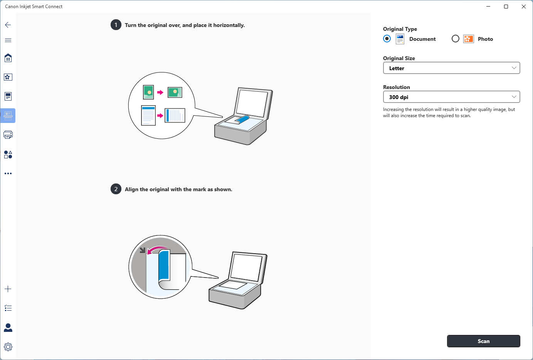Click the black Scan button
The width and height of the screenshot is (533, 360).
[x=483, y=341]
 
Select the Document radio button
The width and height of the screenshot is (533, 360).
[x=387, y=39]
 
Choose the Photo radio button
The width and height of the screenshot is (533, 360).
[x=455, y=39]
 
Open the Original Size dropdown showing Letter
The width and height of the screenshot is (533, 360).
[x=451, y=68]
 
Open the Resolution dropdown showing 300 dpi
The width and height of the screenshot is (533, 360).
[x=451, y=97]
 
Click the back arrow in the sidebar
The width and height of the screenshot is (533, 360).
[x=8, y=25]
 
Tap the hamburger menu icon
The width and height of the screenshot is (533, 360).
[x=8, y=40]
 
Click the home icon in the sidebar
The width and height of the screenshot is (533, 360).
[x=8, y=58]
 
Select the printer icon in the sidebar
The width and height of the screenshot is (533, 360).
[x=8, y=135]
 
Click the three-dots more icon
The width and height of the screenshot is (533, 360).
[x=8, y=173]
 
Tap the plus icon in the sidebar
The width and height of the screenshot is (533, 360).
[x=8, y=289]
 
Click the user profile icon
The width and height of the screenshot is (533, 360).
[x=8, y=328]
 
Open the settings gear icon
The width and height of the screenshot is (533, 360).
[x=8, y=347]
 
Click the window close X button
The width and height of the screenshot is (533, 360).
[x=524, y=7]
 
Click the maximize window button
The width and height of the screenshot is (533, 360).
[x=506, y=7]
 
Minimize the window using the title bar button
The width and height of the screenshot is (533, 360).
[x=489, y=7]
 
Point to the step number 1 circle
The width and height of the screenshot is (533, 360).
[x=116, y=25]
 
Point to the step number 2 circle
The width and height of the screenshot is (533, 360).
[x=116, y=189]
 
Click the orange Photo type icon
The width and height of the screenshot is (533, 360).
[x=469, y=39]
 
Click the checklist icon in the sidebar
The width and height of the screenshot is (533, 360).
[x=8, y=308]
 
